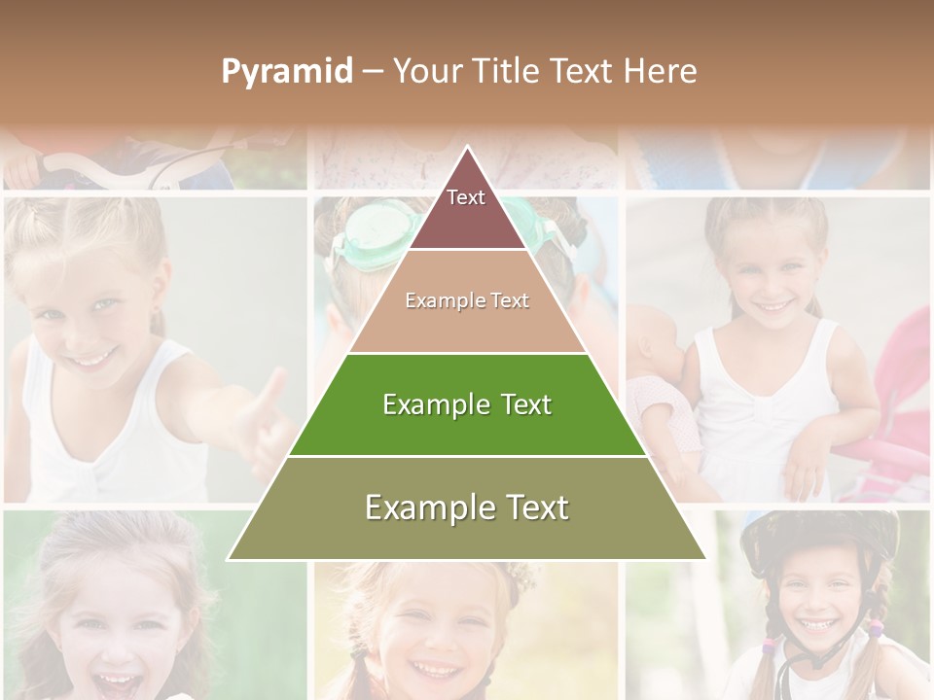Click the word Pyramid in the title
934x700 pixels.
click(x=287, y=72)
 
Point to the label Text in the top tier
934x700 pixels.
click(x=466, y=197)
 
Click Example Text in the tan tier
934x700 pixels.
click(x=467, y=300)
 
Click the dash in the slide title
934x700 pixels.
click(x=373, y=72)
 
